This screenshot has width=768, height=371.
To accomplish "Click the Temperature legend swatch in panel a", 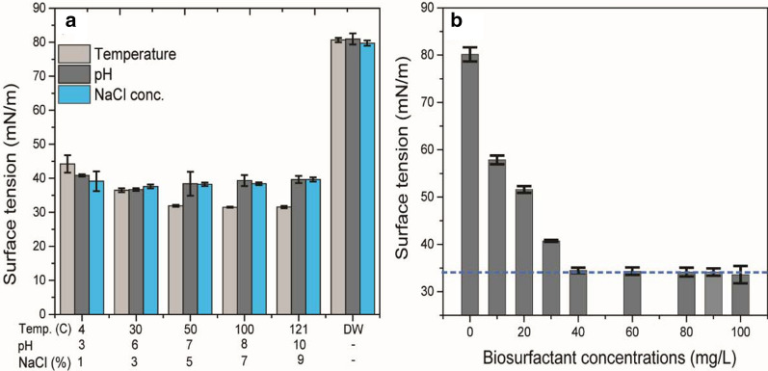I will click(74, 54).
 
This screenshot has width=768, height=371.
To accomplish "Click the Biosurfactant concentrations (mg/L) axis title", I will click(605, 358).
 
